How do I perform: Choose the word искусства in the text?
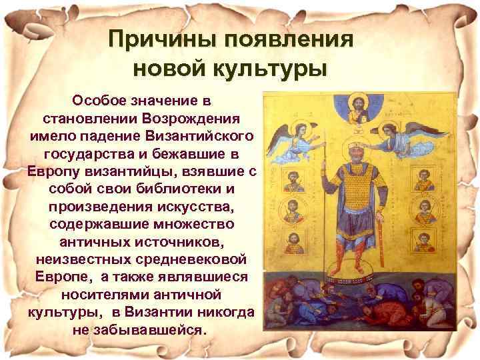[197, 205]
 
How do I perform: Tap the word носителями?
[108, 293]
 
